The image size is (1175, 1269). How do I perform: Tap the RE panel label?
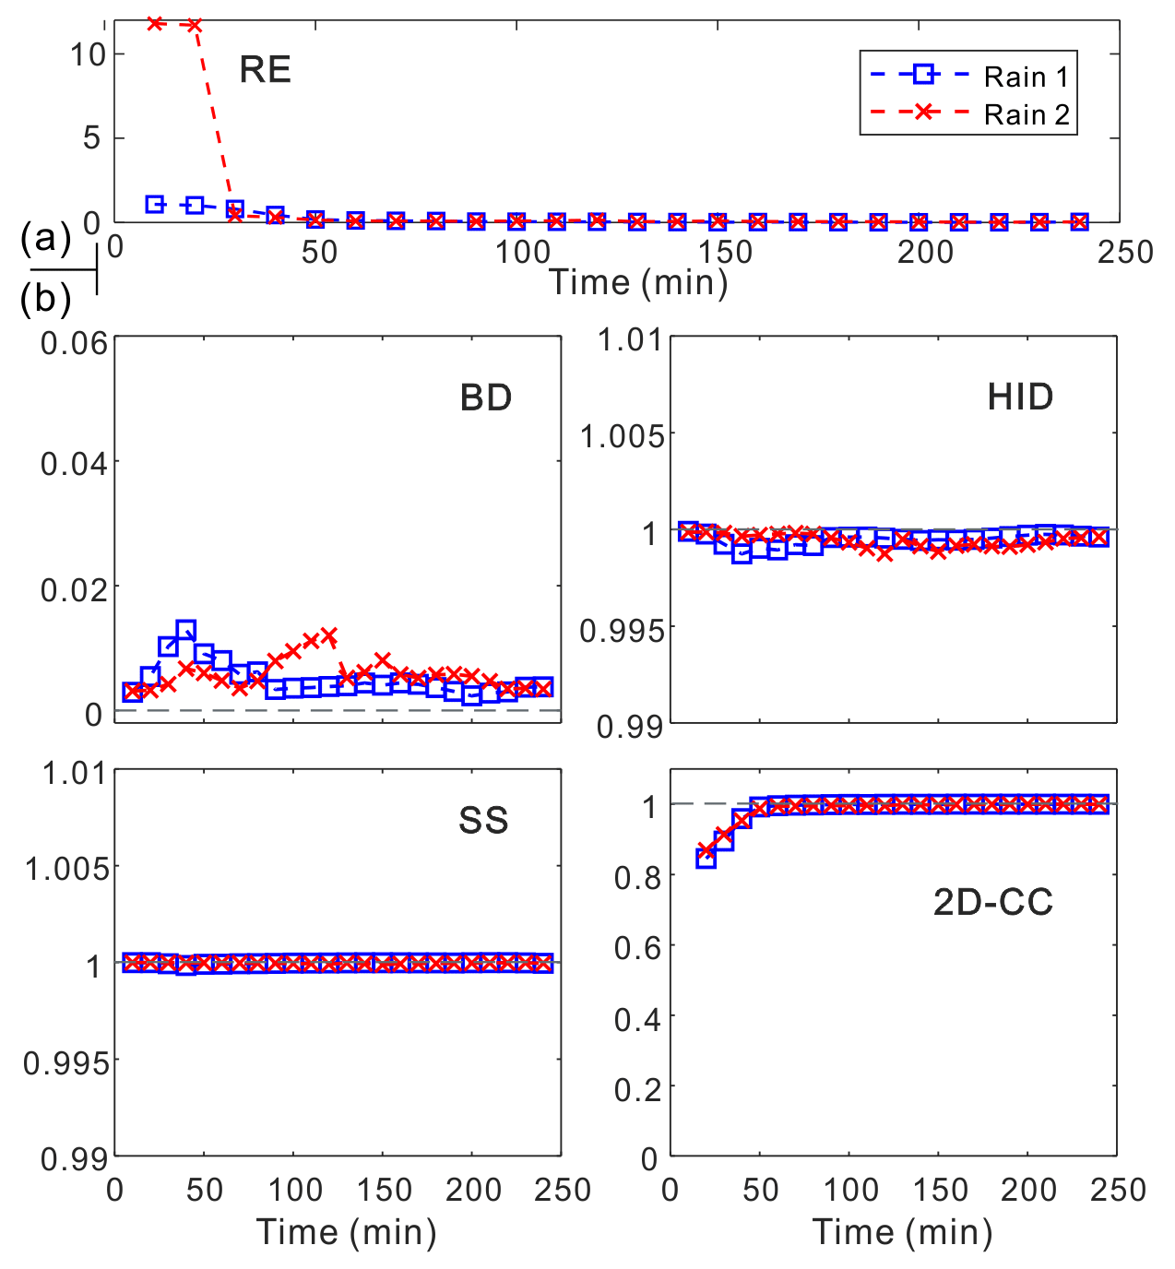tap(265, 70)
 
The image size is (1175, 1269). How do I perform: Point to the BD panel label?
tap(485, 397)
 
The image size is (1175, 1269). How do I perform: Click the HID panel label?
tap(1020, 397)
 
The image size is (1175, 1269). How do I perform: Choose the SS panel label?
tap(483, 820)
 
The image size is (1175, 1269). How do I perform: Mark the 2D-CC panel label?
tap(992, 901)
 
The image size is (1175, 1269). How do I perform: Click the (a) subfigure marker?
tap(46, 240)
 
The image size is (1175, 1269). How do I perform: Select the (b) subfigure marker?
tap(46, 299)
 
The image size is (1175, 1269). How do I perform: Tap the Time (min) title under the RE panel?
tap(638, 281)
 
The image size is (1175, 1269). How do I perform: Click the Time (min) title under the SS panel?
tap(346, 1231)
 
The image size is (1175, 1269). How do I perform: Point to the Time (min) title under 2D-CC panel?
tap(902, 1231)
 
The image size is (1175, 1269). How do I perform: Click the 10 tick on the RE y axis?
tap(89, 54)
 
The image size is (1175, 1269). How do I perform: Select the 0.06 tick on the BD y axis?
tap(74, 343)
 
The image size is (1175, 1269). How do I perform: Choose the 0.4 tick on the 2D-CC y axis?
tap(636, 1018)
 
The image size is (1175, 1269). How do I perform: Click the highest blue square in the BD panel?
tap(185, 631)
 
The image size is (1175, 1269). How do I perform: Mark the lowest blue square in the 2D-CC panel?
tap(706, 859)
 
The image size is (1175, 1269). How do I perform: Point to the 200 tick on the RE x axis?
tap(925, 252)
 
